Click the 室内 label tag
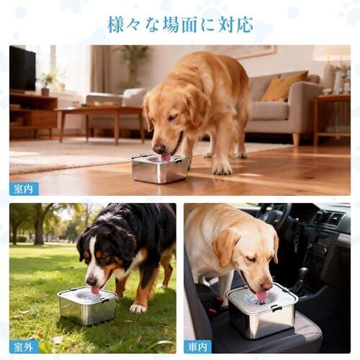(24, 189)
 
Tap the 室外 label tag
(24, 347)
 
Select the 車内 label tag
(198, 347)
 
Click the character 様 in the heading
(117, 24)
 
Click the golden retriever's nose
(159, 148)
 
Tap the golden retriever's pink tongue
(166, 157)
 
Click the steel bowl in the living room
(160, 169)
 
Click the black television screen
(22, 68)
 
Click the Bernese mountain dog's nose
(91, 282)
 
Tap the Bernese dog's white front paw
(138, 307)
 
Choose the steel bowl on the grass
(87, 305)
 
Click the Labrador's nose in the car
(266, 286)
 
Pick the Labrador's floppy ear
(225, 247)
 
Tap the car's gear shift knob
(304, 271)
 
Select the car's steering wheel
(276, 215)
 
